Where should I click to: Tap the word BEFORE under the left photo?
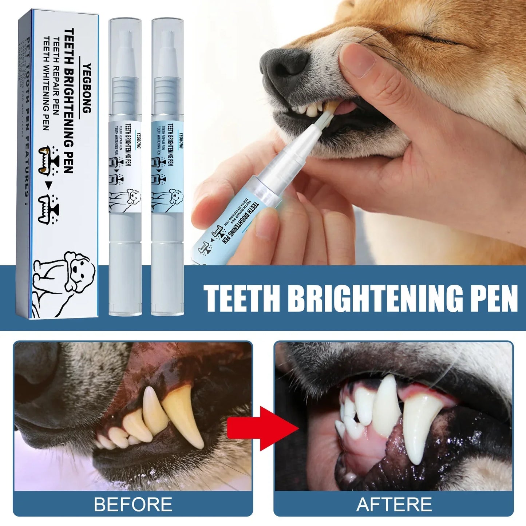click(133, 505)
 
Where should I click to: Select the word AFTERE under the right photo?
click(394, 505)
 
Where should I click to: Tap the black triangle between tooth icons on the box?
click(47, 187)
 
